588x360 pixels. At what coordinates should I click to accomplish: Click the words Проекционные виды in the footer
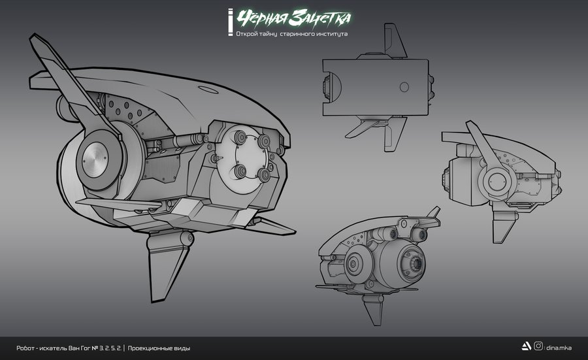159,348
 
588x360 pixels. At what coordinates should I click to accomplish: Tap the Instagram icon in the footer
538,346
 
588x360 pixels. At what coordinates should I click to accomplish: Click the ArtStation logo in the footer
526,346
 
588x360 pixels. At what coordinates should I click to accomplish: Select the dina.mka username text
559,348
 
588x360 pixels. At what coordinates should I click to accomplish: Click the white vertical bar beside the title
230,22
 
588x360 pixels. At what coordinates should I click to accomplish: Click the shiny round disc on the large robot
95,160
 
